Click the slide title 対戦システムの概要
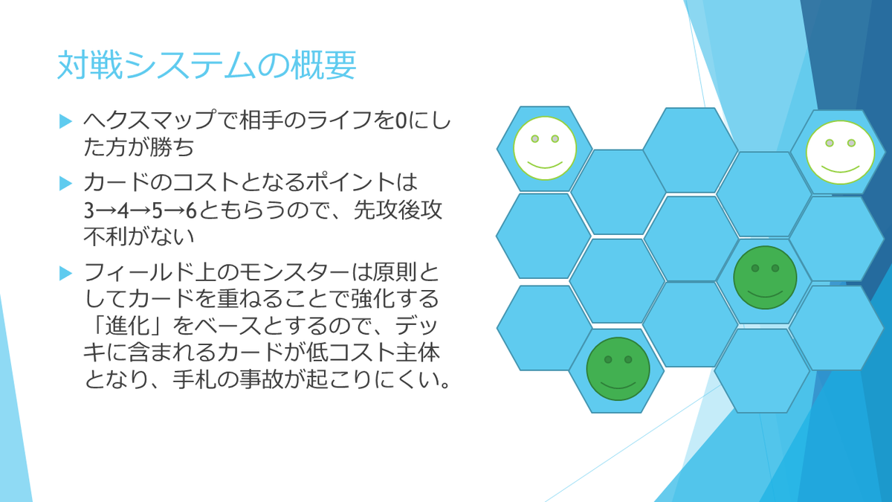point(207,66)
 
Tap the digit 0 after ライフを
point(399,119)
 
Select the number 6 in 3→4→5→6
point(190,210)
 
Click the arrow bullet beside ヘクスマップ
point(65,120)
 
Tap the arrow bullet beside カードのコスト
point(65,182)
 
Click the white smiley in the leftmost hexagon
point(545,148)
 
